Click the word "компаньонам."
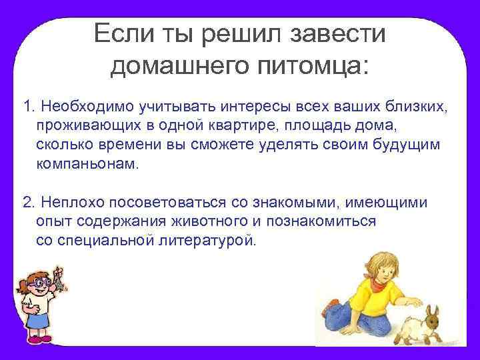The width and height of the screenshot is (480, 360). tap(89, 165)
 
